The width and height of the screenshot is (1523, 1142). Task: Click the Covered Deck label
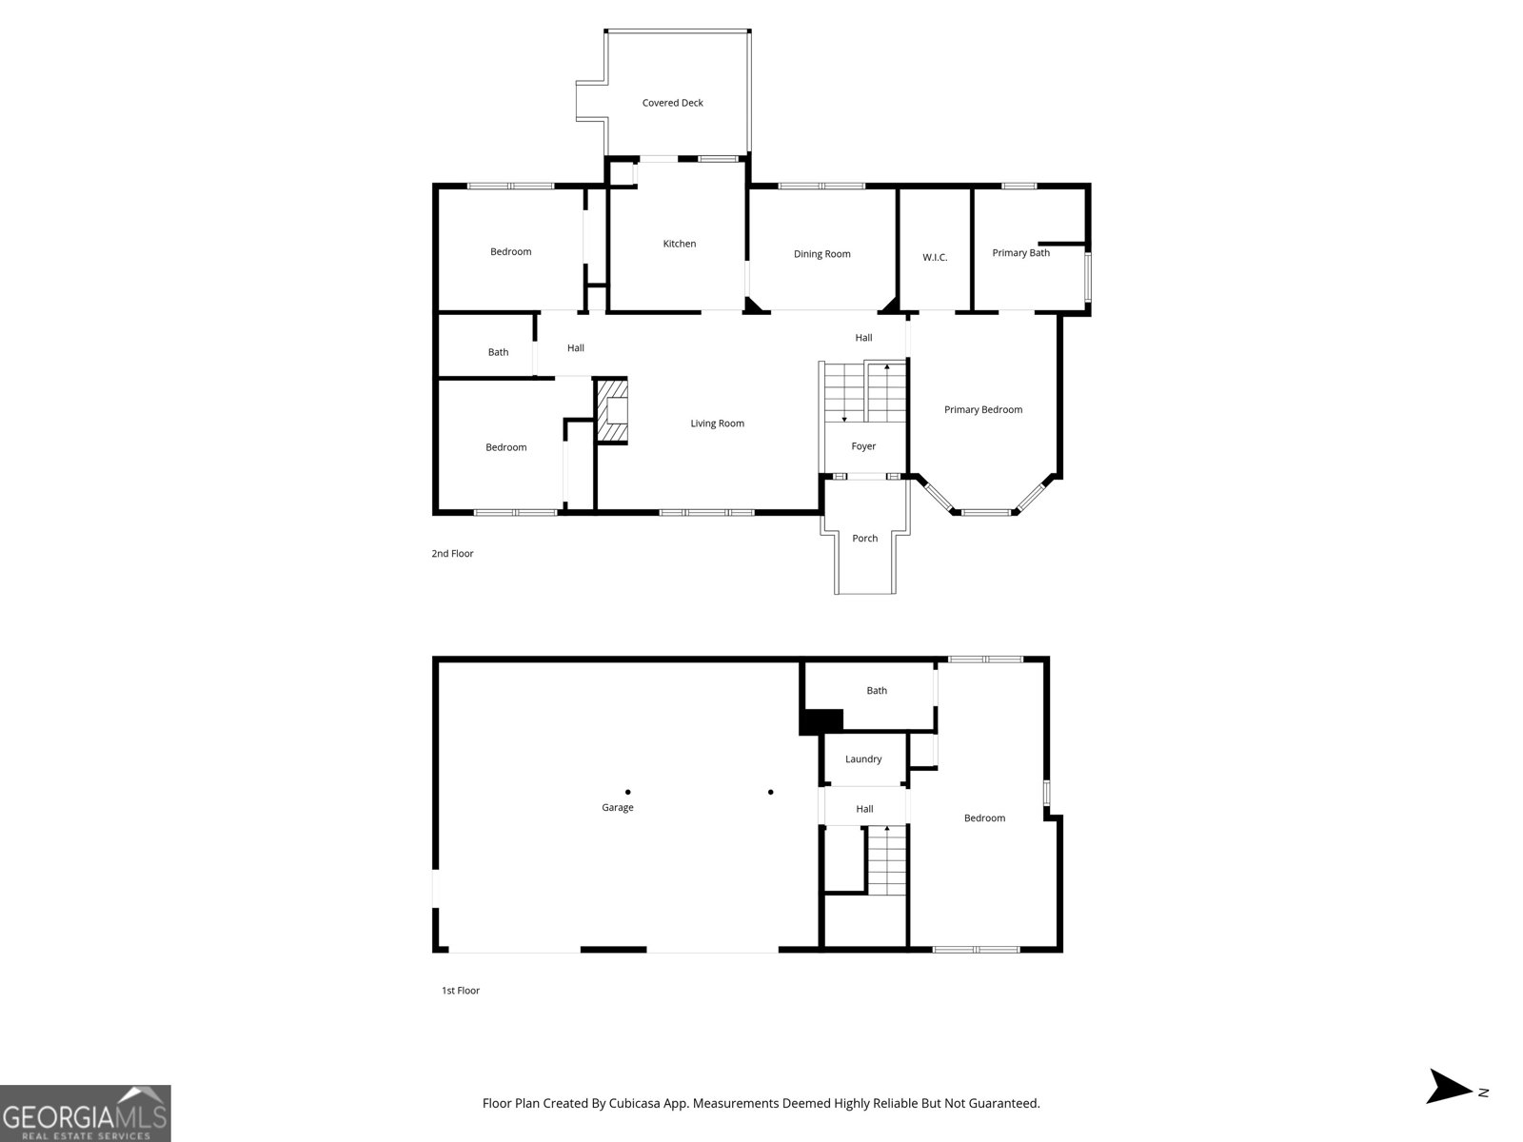(x=672, y=103)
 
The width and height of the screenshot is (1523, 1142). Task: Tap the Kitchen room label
(x=679, y=244)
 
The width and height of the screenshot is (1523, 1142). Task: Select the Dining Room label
(x=821, y=254)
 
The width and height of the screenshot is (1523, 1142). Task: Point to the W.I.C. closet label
(x=935, y=258)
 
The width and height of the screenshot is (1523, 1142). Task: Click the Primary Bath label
(x=1020, y=253)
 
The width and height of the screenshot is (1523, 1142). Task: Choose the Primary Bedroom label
(x=982, y=410)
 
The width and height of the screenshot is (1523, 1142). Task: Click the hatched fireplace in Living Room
(x=612, y=411)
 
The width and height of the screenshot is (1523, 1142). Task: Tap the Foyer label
(x=863, y=446)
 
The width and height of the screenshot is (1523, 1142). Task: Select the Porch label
(x=864, y=539)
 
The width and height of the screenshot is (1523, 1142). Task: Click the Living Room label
(x=717, y=423)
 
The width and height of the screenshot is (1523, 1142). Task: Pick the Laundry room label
(x=863, y=759)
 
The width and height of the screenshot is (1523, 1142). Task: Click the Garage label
(x=617, y=808)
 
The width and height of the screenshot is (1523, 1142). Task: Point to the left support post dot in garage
(x=627, y=792)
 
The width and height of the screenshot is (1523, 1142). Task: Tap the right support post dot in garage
(x=770, y=792)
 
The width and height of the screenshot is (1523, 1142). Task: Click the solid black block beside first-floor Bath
(x=821, y=721)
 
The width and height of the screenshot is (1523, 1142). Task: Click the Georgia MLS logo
(x=85, y=1113)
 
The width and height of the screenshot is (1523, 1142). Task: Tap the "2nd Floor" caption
(x=452, y=554)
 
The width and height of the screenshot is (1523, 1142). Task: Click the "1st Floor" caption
(x=460, y=991)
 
